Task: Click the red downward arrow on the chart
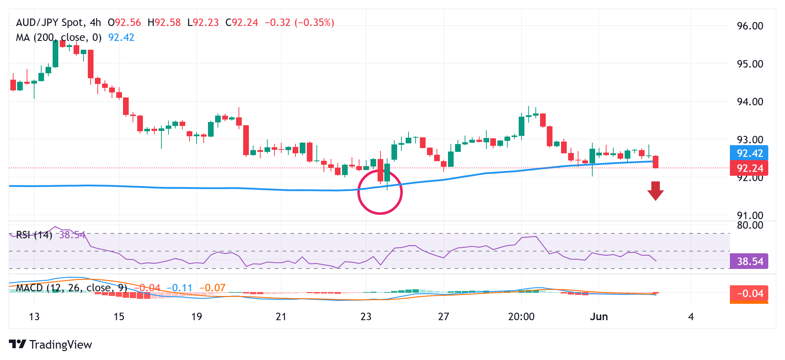tap(655, 191)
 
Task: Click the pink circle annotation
tap(380, 192)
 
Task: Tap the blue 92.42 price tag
tap(749, 153)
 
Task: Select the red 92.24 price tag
tap(749, 168)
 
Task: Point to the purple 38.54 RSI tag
tap(749, 261)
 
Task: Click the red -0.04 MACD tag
tap(749, 293)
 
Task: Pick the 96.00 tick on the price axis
tap(750, 26)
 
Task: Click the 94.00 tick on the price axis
tap(750, 102)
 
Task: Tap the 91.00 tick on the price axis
tap(750, 216)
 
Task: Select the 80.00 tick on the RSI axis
tap(750, 225)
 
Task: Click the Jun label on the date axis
tap(599, 317)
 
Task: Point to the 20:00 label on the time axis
tap(521, 317)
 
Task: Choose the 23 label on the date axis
tap(366, 317)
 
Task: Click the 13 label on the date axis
tap(34, 317)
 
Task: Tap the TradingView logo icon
tap(17, 344)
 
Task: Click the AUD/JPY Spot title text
tap(49, 22)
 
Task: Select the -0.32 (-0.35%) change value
tap(299, 22)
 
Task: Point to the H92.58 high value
tap(164, 22)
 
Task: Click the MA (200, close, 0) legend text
tap(59, 37)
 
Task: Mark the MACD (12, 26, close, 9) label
tap(71, 288)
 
